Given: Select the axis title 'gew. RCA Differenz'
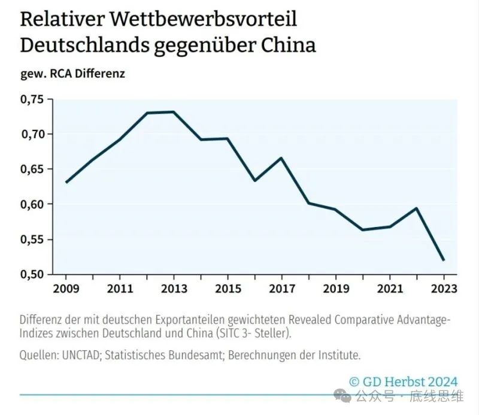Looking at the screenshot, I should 72,74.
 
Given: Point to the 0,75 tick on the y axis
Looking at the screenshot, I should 32,99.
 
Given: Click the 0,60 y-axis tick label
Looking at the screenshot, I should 32,205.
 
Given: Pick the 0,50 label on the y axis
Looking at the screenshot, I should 32,275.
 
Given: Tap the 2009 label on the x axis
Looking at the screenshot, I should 65,289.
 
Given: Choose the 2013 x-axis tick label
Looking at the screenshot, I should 173,289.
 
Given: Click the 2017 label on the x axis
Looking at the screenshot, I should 281,289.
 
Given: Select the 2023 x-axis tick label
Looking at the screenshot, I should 444,289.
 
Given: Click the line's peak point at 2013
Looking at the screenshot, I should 173,112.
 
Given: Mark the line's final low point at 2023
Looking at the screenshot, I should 444,260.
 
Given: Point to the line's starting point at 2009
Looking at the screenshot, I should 66,183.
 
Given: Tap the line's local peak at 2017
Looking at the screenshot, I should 281,158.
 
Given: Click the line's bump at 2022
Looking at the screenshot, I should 416,208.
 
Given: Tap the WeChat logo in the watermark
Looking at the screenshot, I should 343,396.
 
